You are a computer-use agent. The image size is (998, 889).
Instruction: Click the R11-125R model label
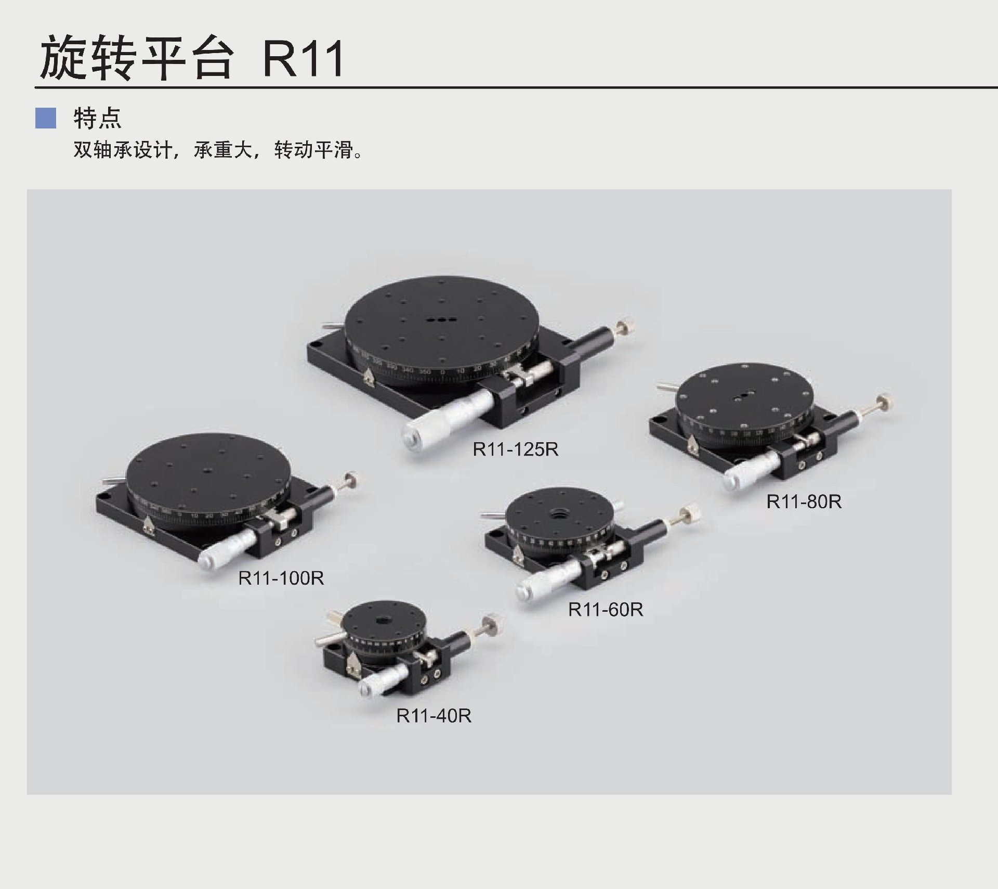[515, 449]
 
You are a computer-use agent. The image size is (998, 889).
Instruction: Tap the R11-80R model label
[804, 501]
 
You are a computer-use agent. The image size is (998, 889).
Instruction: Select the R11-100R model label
[281, 578]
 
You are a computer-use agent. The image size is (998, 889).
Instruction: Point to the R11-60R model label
[606, 609]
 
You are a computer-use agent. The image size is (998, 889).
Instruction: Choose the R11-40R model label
[434, 716]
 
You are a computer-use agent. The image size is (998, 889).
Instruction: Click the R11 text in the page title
[303, 59]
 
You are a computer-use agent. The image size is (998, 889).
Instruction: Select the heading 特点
[97, 118]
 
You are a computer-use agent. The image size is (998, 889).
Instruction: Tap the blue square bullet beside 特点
[46, 118]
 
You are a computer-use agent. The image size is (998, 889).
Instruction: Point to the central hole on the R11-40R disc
[384, 621]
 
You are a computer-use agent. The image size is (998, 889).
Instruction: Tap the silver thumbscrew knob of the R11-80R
[883, 403]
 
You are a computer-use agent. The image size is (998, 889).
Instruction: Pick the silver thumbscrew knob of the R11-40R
[491, 623]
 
